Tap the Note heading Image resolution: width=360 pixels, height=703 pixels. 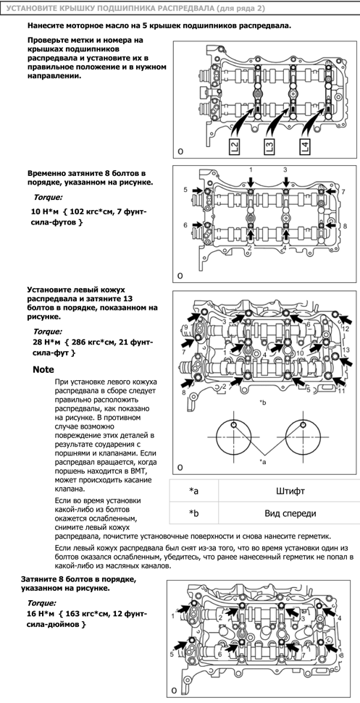click(43, 369)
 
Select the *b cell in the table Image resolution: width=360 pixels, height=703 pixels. click(193, 514)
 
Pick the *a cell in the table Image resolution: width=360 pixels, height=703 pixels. click(193, 492)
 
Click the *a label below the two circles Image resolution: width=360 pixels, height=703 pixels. click(263, 461)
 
